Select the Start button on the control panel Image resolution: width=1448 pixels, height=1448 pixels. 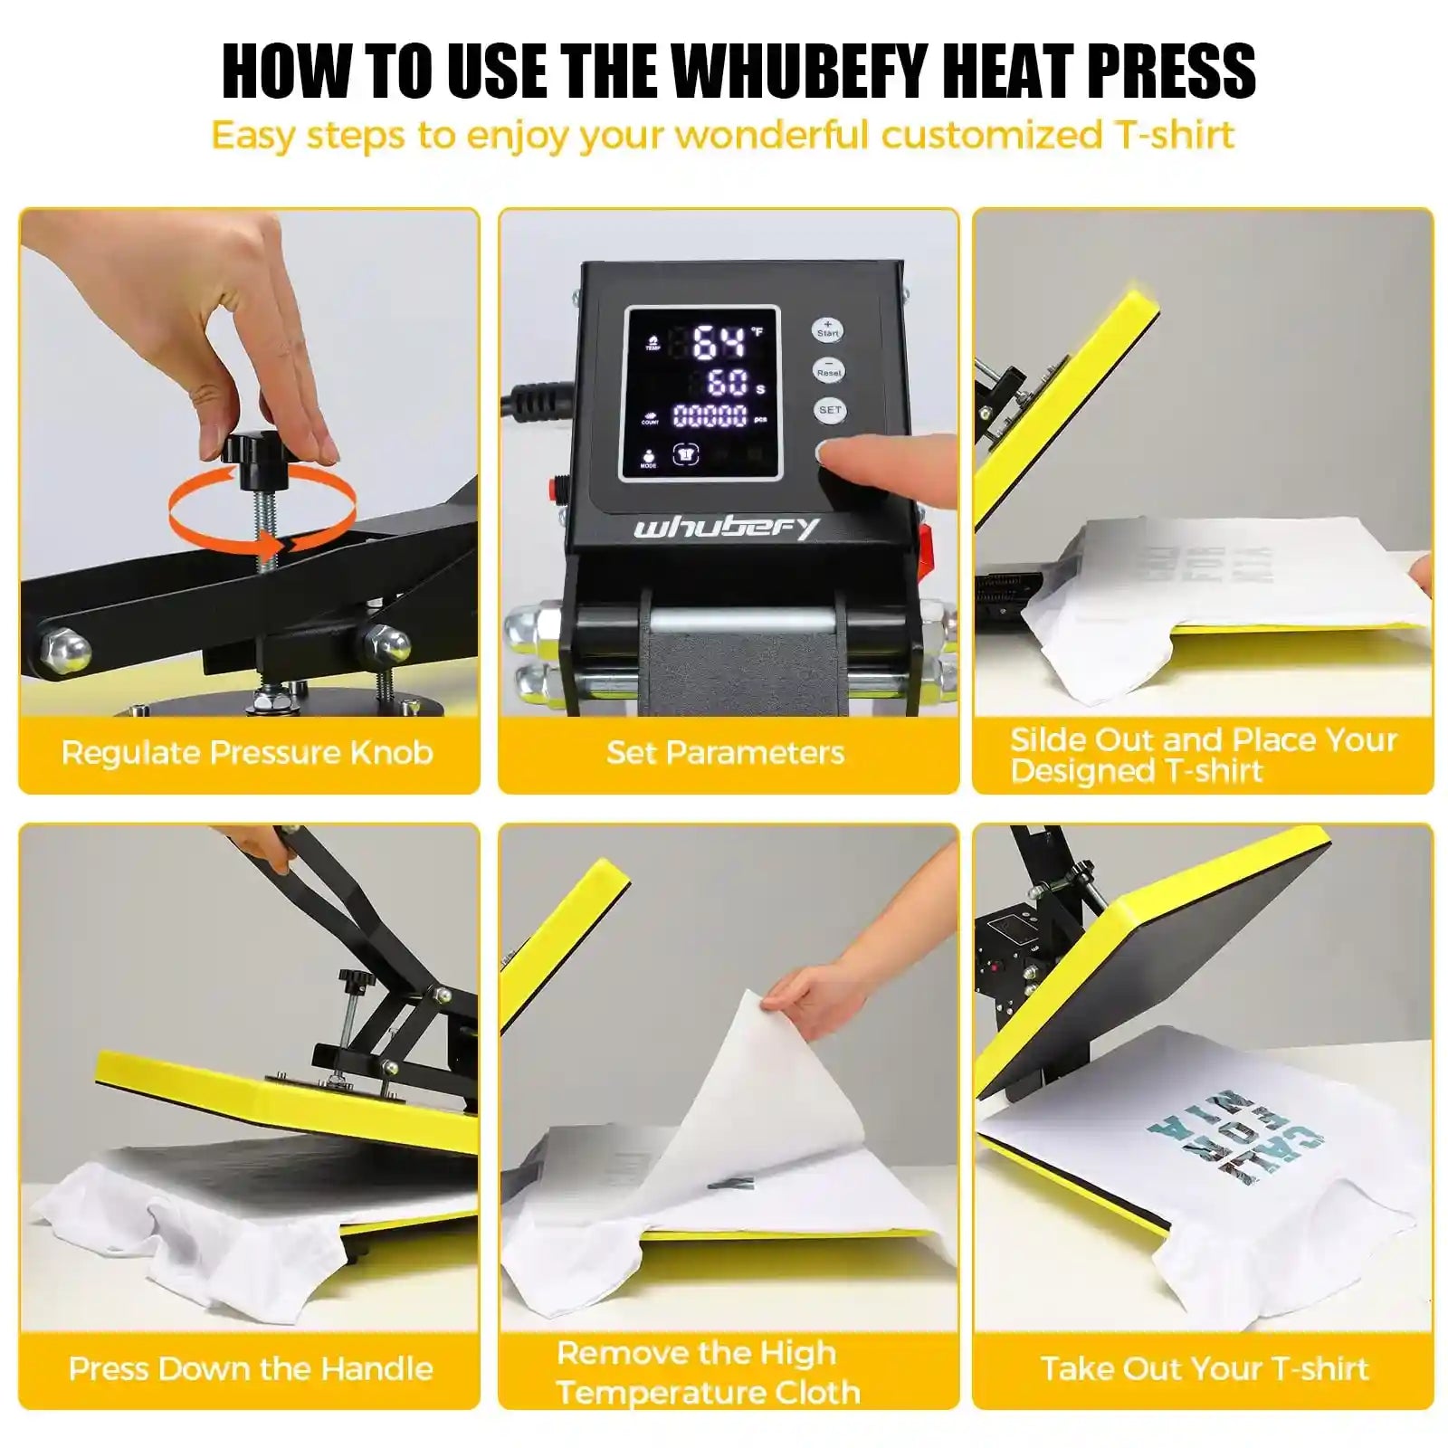827,329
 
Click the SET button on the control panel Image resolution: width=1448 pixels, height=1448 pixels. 829,410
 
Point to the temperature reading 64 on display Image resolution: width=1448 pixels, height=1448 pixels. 719,343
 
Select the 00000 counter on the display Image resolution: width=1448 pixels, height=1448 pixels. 710,416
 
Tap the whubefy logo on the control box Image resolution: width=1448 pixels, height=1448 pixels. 726,528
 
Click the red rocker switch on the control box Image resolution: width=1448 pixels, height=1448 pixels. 925,543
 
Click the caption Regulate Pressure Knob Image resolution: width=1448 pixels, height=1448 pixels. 247,753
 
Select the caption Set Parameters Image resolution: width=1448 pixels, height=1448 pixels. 726,753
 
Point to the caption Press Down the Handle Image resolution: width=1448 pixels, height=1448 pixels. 251,1368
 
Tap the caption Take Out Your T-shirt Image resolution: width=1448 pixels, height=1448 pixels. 1204,1368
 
